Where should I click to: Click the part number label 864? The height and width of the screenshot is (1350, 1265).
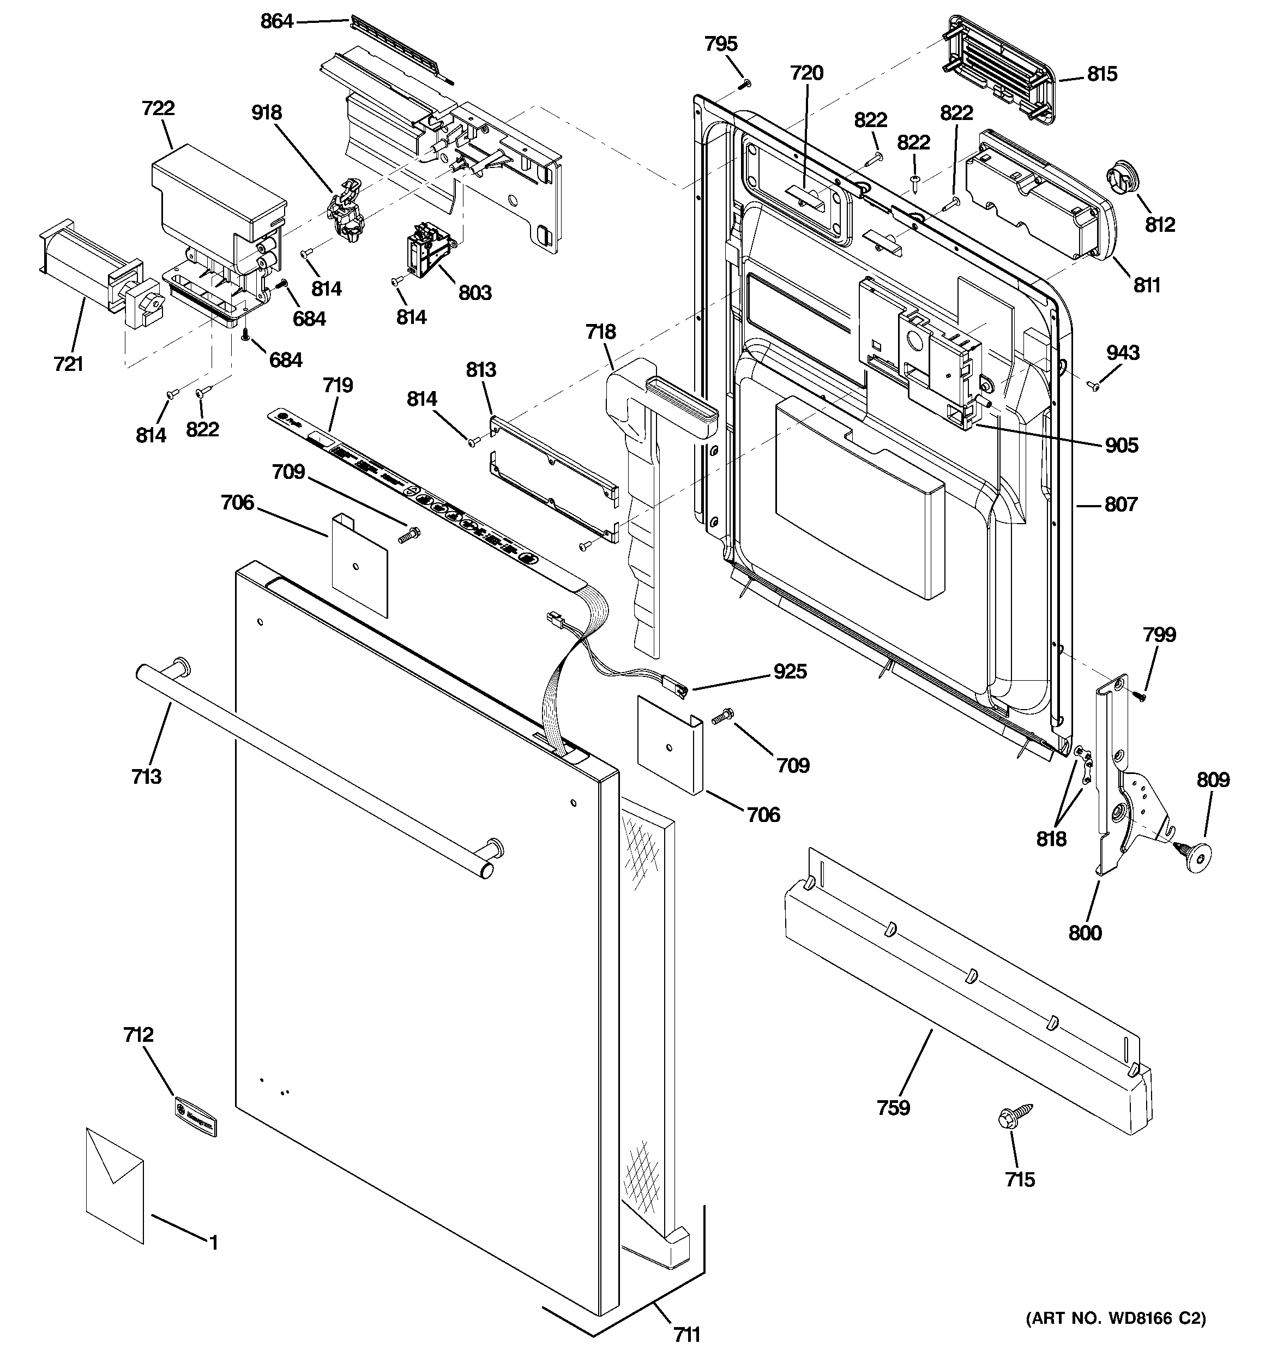pyautogui.click(x=276, y=22)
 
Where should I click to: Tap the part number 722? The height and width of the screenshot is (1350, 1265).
pyautogui.click(x=158, y=109)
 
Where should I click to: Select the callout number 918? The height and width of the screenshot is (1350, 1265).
pyautogui.click(x=266, y=113)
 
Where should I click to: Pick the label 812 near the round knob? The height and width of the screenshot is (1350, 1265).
pyautogui.click(x=1160, y=225)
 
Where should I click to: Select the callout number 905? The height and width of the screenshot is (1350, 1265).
pyautogui.click(x=1121, y=446)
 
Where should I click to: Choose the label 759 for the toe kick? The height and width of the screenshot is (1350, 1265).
pyautogui.click(x=893, y=1108)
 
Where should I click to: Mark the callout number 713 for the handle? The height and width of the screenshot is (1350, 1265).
pyautogui.click(x=146, y=776)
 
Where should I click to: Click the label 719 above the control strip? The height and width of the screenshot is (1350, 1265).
pyautogui.click(x=338, y=386)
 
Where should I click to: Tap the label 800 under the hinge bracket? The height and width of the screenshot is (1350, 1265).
pyautogui.click(x=1085, y=933)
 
